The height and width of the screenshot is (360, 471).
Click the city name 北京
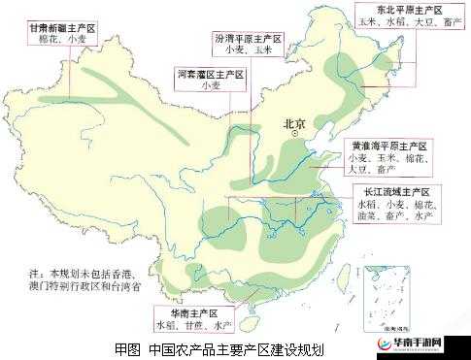(x=294, y=123)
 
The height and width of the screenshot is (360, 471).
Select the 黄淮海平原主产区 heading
(x=388, y=145)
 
